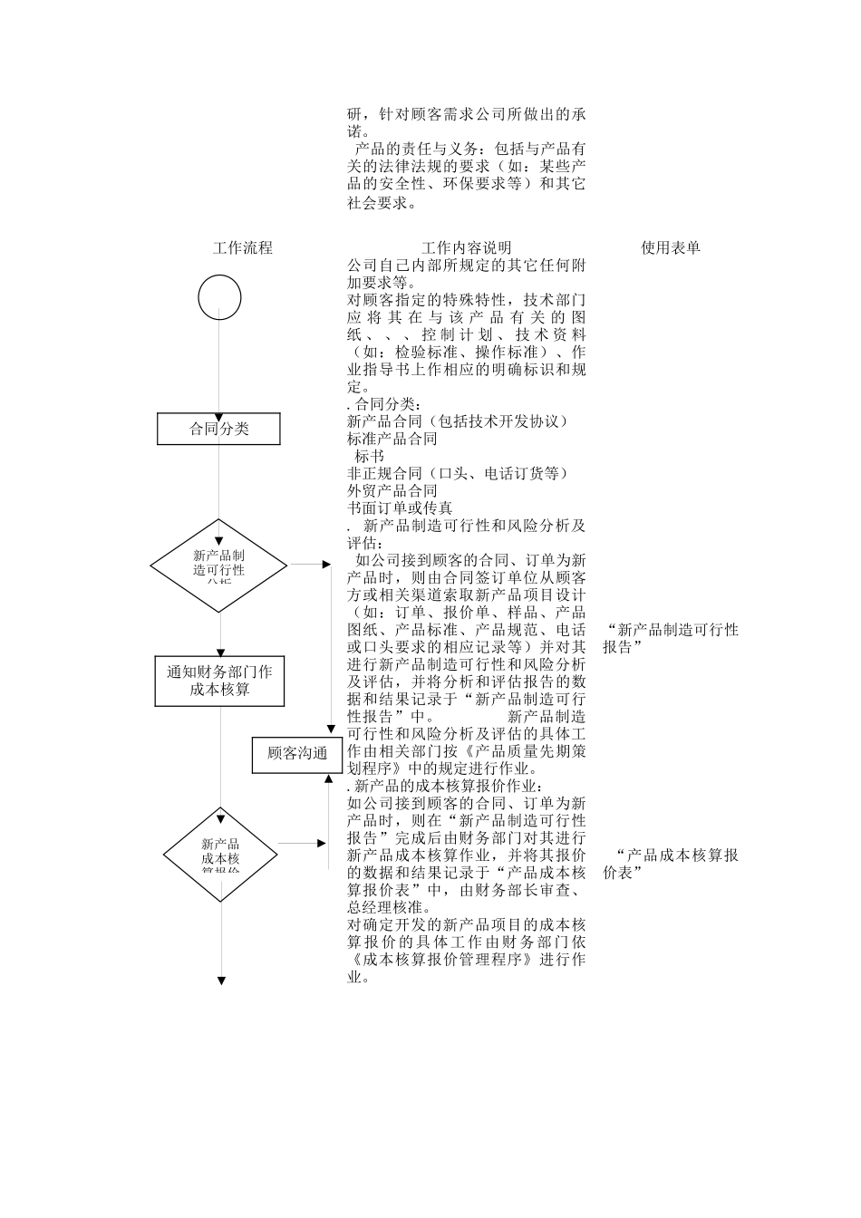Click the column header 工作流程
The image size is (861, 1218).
(x=242, y=247)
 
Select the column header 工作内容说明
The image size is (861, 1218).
(x=466, y=247)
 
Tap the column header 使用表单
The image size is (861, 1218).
(x=671, y=247)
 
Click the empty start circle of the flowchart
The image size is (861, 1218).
(x=219, y=298)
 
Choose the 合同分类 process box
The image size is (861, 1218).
(x=218, y=429)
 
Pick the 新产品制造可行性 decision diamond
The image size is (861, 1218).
(x=218, y=565)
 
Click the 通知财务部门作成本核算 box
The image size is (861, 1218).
(x=219, y=681)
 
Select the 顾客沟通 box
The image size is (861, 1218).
(x=297, y=753)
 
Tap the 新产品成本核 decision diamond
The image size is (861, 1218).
(x=220, y=855)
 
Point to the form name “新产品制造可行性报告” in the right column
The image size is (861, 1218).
(x=671, y=638)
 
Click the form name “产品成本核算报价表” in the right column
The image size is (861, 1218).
(x=671, y=863)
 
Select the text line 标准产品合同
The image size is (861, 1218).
(x=392, y=439)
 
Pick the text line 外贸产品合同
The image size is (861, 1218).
(x=392, y=490)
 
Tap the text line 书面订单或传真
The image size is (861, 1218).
(x=400, y=507)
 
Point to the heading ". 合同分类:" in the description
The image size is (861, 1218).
(x=384, y=404)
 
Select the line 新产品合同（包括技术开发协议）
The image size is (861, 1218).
(x=459, y=421)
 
